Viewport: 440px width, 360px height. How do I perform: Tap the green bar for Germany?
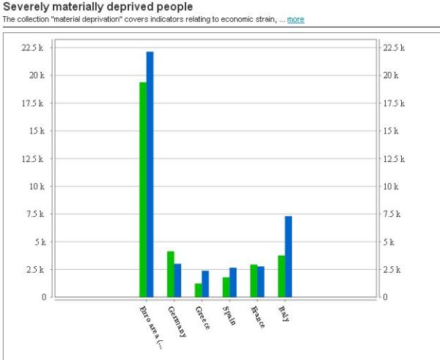[171, 274]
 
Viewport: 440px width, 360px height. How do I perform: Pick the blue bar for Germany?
[177, 280]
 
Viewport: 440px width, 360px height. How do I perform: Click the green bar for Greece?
[198, 290]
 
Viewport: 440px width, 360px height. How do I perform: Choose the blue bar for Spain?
[233, 282]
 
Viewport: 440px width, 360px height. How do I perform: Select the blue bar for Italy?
[288, 257]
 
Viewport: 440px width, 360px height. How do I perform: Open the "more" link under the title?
[296, 20]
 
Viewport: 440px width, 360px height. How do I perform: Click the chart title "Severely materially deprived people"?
[98, 7]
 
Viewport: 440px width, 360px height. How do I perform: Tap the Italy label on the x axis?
[283, 313]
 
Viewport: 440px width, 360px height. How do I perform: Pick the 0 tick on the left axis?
[44, 297]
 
